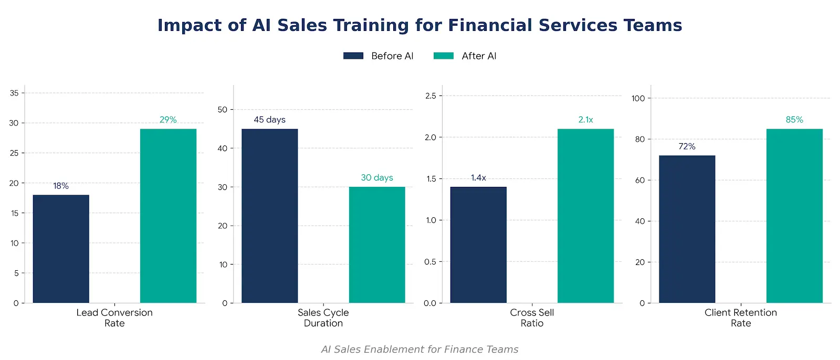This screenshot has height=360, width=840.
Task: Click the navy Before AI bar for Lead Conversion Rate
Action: click(x=61, y=249)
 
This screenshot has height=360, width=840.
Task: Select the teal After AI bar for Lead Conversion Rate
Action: click(x=168, y=216)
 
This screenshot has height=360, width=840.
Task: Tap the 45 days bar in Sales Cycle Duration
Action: click(x=269, y=216)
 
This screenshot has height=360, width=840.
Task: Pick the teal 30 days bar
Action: click(x=377, y=245)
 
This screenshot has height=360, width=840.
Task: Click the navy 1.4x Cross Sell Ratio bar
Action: click(x=478, y=245)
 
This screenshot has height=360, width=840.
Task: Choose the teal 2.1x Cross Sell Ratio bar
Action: click(x=585, y=216)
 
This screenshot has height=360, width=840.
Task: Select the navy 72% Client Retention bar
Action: click(x=687, y=229)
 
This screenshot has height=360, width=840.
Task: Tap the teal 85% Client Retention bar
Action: click(x=794, y=216)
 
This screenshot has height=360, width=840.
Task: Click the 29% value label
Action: click(x=168, y=120)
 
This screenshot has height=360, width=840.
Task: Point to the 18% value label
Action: click(x=61, y=186)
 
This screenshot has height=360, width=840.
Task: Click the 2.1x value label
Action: click(x=585, y=120)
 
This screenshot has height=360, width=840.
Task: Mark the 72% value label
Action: click(x=687, y=146)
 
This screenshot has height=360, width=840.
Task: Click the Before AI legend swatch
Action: click(x=353, y=56)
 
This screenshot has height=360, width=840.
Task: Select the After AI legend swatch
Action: click(x=444, y=56)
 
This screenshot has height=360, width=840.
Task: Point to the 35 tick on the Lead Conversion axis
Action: click(x=14, y=93)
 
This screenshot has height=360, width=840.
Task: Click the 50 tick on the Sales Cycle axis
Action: click(x=223, y=110)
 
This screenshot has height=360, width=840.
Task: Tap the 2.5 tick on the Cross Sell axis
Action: click(x=430, y=96)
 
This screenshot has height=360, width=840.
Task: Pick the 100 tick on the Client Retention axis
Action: click(x=638, y=98)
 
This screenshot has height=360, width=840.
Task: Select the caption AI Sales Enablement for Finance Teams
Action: click(x=419, y=350)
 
